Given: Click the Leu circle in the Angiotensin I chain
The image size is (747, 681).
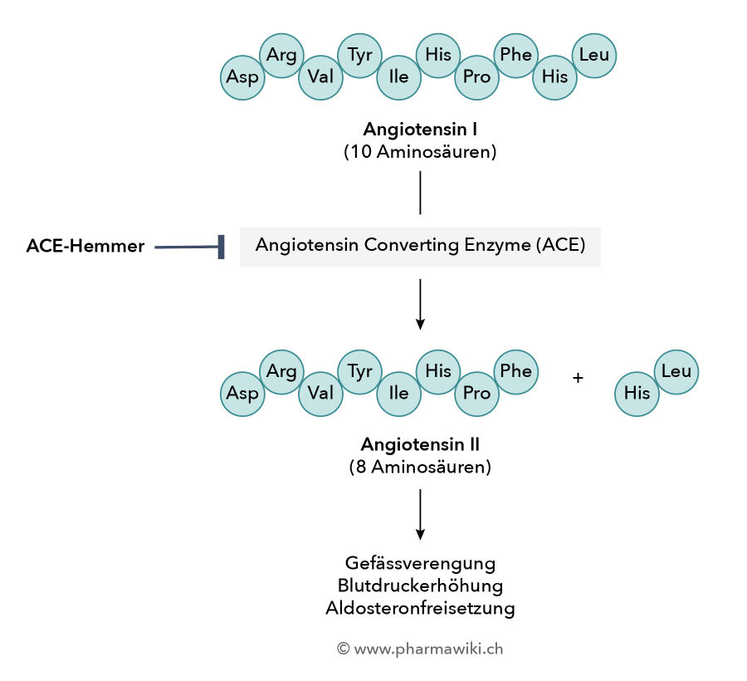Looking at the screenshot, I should (x=594, y=56).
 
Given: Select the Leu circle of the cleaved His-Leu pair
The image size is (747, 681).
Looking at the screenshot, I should (x=676, y=372).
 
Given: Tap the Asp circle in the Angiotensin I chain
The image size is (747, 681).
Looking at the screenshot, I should (x=242, y=77).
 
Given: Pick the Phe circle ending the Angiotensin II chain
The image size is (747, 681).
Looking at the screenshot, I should (x=516, y=371).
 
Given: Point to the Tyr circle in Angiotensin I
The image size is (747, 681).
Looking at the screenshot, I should (x=359, y=56).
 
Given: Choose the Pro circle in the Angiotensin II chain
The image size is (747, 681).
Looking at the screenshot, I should (x=476, y=394).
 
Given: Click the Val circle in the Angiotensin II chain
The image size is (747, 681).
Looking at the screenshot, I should (x=320, y=394).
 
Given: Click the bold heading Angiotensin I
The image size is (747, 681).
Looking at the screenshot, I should (x=420, y=130).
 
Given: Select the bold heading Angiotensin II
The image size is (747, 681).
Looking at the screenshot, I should (x=420, y=444).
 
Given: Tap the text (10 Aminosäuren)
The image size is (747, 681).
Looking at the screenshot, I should (x=420, y=152).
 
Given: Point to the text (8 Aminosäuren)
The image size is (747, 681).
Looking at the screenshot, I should (x=420, y=467).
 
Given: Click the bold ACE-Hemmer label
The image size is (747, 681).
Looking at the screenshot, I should (x=85, y=247).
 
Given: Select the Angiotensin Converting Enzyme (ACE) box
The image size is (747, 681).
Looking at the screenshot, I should (x=420, y=246).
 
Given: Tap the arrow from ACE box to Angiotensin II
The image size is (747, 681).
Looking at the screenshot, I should (x=420, y=304).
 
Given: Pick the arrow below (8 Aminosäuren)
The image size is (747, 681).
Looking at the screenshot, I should (x=420, y=515).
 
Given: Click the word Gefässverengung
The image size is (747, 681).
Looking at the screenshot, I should (x=420, y=563).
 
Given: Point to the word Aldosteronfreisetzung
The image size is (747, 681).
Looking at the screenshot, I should (x=420, y=608).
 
